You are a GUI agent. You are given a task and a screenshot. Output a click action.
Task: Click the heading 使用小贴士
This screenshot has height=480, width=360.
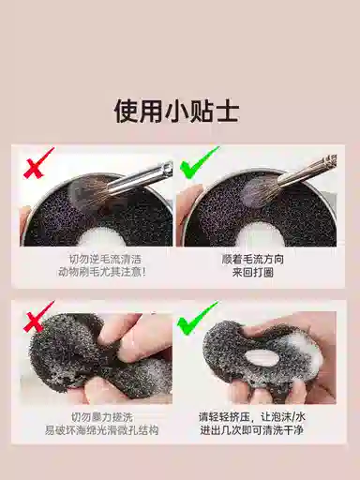tap(177, 112)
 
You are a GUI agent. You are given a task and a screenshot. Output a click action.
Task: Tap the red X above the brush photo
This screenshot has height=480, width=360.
tap(37, 163)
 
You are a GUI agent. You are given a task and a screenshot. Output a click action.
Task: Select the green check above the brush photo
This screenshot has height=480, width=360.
tap(198, 163)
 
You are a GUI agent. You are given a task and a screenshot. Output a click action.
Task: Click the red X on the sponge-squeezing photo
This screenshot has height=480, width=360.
tap(37, 317)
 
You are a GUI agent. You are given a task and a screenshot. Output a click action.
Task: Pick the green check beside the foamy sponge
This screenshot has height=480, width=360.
tap(197, 318)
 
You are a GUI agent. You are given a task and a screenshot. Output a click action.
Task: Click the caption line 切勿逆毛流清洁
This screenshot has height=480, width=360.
tap(105, 259)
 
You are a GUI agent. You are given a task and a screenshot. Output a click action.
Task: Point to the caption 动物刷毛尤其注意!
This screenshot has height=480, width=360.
tap(102, 273)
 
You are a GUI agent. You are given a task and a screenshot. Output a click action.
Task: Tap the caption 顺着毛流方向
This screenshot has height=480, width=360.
tap(253, 259)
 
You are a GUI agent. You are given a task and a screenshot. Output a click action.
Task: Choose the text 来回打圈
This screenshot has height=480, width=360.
tap(253, 273)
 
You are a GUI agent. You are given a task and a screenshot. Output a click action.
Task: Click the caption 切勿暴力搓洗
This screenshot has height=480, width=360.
tap(102, 417)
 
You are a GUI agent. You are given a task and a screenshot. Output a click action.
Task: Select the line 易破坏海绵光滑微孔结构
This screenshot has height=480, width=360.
tap(102, 430)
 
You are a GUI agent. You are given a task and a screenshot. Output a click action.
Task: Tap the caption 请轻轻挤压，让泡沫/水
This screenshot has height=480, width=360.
tap(252, 417)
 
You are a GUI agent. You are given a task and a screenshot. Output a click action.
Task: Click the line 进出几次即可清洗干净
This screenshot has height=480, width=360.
tap(252, 430)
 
